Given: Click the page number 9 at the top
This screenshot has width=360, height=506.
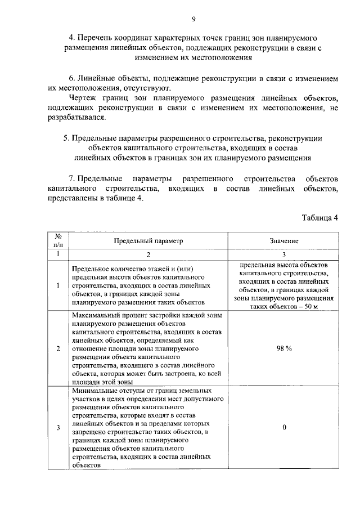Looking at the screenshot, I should (193, 20).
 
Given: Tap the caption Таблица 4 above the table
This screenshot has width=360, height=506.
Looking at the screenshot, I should (319, 218).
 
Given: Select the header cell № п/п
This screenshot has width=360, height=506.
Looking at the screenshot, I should (58, 240).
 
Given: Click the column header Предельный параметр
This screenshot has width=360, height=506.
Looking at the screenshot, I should (148, 240).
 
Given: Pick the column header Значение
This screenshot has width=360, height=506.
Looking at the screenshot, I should (283, 240).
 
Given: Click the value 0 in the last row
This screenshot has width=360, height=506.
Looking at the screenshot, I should (284, 428).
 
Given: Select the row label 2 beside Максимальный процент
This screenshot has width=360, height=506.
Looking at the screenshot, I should (58, 348).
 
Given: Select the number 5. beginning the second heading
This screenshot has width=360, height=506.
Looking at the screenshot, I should (66, 137).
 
